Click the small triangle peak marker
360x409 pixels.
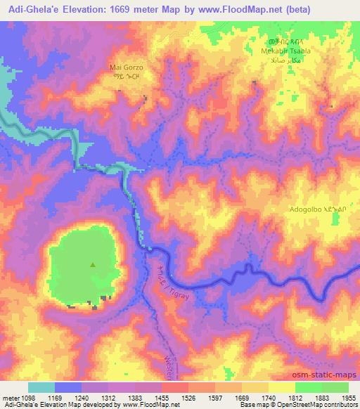93,265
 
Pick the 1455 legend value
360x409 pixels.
168,398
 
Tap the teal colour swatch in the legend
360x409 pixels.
41,387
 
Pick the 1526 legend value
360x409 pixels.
195,398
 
